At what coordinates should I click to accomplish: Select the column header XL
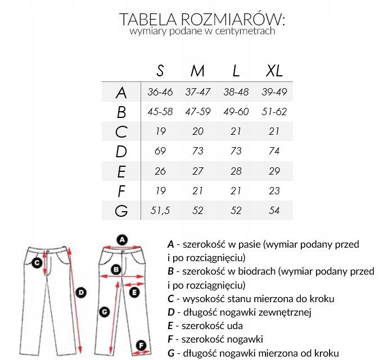pos(274,71)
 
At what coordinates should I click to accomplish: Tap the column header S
pos(160,71)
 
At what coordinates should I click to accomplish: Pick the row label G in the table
pos(121,211)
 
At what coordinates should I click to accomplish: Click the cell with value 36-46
pos(160,92)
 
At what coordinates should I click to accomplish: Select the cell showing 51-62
pos(274,112)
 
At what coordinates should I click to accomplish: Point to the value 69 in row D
pos(160,152)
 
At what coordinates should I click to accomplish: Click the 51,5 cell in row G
pos(160,211)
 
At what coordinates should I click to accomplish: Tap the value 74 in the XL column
pos(274,152)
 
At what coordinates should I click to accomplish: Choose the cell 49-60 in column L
pos(236,112)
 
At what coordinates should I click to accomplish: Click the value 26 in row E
pos(160,171)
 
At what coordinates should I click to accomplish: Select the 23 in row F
pos(274,192)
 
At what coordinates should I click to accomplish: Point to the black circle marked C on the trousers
pos(37,262)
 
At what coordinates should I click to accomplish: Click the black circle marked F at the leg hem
pos(142,345)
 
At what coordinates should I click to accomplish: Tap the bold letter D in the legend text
pos(171,312)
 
